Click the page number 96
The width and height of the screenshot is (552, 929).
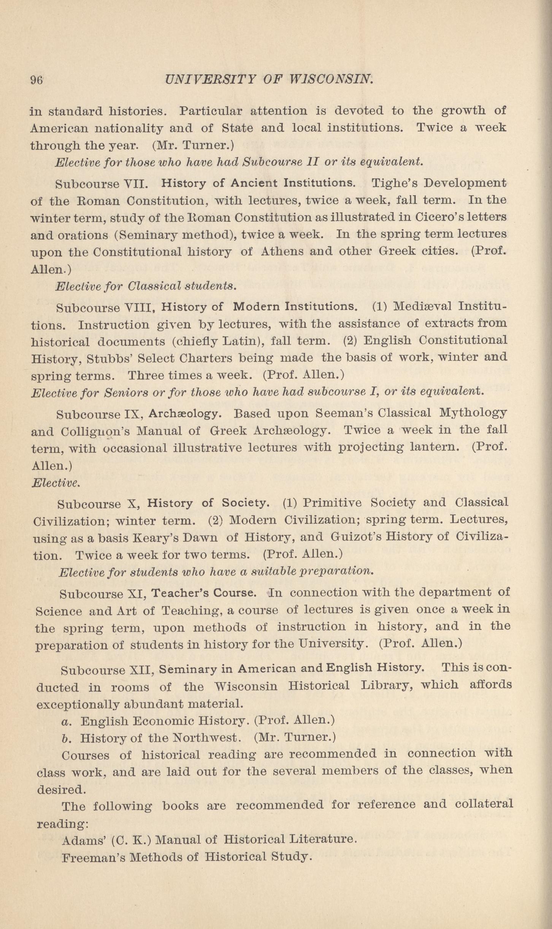coord(36,80)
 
